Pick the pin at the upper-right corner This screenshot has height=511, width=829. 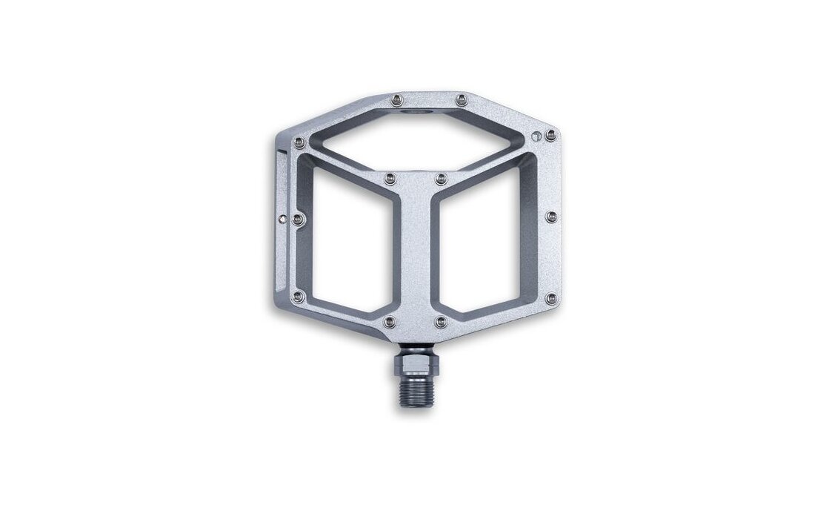(550, 134)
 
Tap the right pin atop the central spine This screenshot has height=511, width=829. (440, 177)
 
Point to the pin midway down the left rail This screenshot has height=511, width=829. (298, 218)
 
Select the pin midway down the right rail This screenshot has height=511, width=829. (551, 216)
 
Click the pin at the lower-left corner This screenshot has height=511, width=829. (298, 296)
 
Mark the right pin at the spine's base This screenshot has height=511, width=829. (441, 322)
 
